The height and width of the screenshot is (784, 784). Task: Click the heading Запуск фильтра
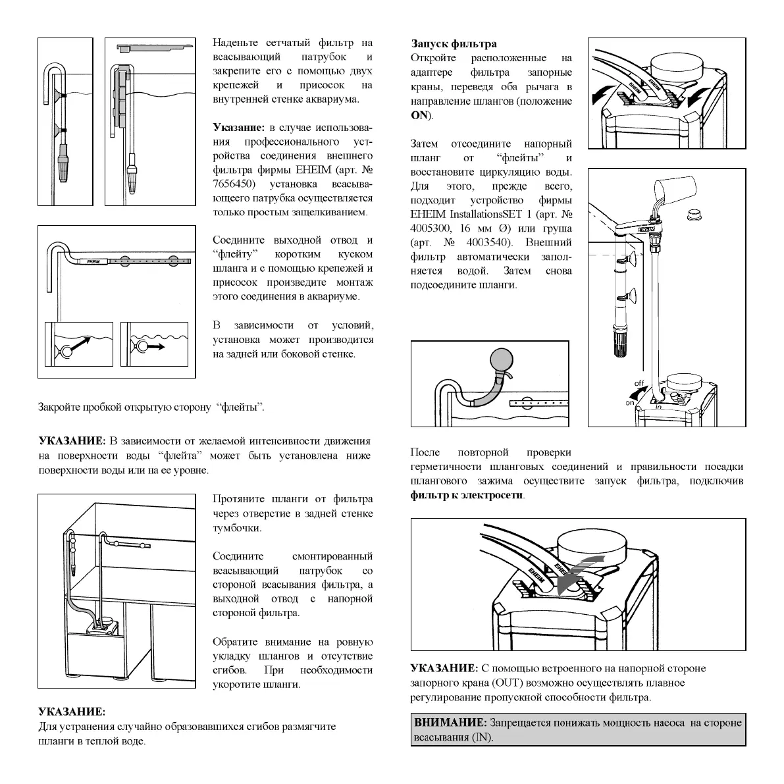tap(454, 44)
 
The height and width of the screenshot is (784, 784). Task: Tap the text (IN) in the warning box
tap(483, 737)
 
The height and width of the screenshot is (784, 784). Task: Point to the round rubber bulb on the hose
tap(500, 361)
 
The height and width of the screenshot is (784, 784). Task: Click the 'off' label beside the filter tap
tap(639, 384)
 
